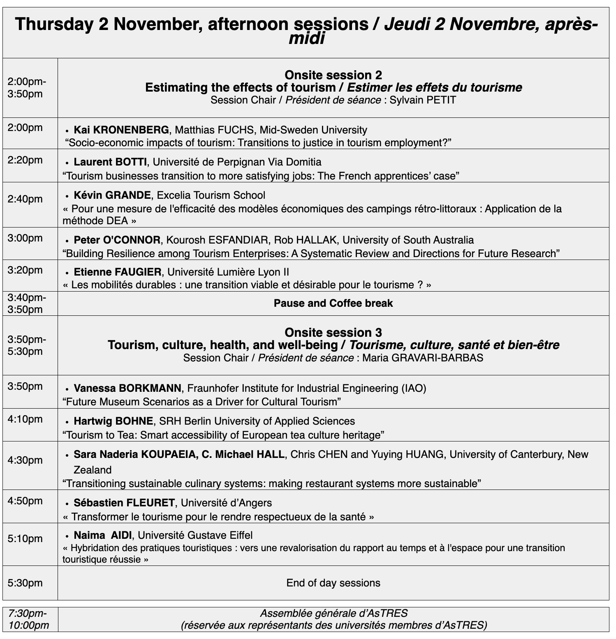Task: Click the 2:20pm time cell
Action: [25, 160]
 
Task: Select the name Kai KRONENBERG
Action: [121, 130]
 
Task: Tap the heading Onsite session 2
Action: [333, 75]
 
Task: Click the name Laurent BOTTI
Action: [110, 162]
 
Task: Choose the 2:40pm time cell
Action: [25, 199]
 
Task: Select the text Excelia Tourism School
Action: [211, 195]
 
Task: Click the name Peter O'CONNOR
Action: [117, 240]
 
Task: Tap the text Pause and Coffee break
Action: [333, 303]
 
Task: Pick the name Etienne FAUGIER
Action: [118, 272]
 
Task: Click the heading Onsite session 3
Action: [333, 332]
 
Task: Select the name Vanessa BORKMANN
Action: [127, 388]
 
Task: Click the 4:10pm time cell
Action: [25, 419]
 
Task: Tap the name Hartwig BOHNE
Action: [113, 421]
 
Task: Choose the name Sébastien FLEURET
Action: [124, 503]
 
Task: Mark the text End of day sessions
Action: [333, 583]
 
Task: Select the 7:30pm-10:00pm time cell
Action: [28, 619]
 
